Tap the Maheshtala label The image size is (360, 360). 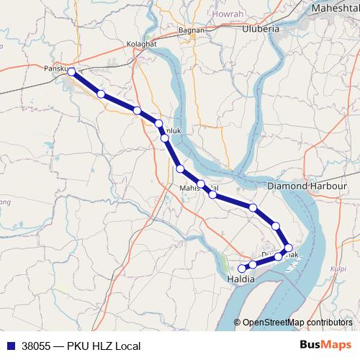coord(334,8)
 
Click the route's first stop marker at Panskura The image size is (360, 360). coord(71,71)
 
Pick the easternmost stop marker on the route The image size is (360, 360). coord(289,248)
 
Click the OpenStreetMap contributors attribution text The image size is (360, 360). coord(297,323)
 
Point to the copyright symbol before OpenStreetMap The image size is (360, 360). coord(237,323)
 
